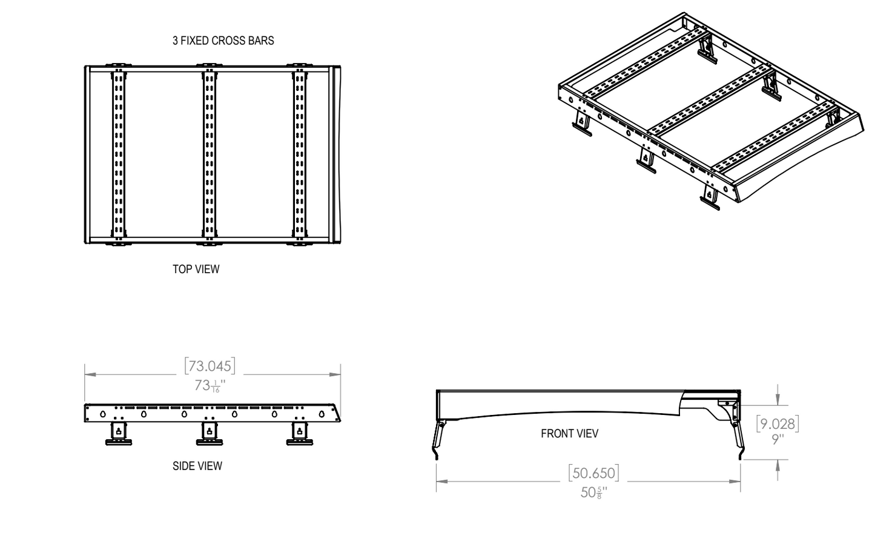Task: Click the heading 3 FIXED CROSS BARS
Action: [223, 41]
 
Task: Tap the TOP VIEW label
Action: [196, 269]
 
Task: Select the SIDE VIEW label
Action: [197, 466]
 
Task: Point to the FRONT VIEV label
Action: [569, 433]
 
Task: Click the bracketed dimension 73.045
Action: [210, 366]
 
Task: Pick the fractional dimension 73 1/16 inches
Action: [210, 385]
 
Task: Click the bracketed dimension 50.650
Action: [593, 473]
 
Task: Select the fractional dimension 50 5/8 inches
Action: [593, 493]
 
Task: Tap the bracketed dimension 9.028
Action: [778, 423]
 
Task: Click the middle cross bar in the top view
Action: [209, 154]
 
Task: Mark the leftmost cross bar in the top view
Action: [119, 154]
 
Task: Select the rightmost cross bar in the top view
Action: [299, 154]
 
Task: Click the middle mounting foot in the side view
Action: [210, 434]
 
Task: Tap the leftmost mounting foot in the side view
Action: [119, 434]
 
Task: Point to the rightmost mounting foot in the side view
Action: [299, 434]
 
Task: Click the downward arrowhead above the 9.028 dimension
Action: [778, 400]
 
